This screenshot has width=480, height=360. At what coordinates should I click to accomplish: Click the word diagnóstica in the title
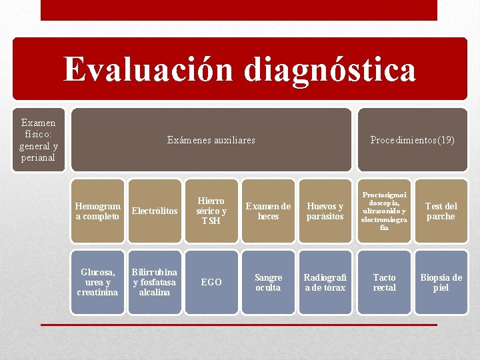pos(330,70)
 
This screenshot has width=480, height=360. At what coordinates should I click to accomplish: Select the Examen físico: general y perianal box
pos(39,140)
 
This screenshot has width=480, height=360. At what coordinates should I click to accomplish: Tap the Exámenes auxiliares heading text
pos(211,140)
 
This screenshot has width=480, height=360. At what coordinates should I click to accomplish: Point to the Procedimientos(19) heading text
pos(412,140)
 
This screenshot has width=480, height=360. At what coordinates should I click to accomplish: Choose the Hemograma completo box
pos(97,211)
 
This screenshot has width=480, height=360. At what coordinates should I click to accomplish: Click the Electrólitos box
pos(155,211)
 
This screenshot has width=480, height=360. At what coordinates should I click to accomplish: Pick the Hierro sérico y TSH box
pos(211,211)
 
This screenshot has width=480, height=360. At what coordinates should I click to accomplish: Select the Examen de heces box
pos(268,211)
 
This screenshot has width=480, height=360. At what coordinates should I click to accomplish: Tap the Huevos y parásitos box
pos(325,211)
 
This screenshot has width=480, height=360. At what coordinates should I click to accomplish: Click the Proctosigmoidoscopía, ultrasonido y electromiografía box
pos(384,211)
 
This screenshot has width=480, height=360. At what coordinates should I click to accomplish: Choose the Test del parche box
pos(441,211)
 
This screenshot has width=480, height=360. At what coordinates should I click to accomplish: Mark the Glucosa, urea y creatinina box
pos(97,282)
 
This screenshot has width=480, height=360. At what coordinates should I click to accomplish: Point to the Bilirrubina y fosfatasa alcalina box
pos(155,282)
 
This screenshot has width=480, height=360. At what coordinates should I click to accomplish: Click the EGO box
pos(211,282)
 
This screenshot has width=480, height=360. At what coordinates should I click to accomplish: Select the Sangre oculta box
pos(268,282)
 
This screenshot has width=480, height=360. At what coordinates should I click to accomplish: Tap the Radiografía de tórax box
pos(325,282)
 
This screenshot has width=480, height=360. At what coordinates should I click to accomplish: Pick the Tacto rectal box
pos(384,282)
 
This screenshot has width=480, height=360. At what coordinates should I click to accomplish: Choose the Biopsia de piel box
pos(441,282)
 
